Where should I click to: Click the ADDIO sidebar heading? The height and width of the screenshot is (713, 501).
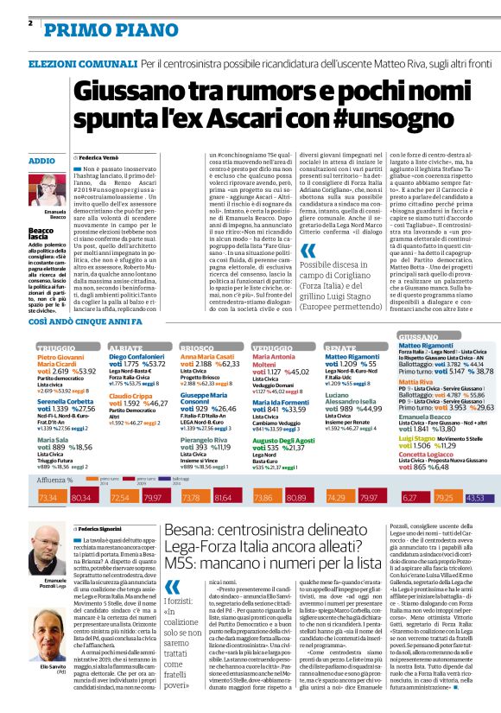(x=41, y=162)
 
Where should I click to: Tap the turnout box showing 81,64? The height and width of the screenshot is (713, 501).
(x=223, y=498)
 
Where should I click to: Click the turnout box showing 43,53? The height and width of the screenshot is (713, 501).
(x=475, y=498)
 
